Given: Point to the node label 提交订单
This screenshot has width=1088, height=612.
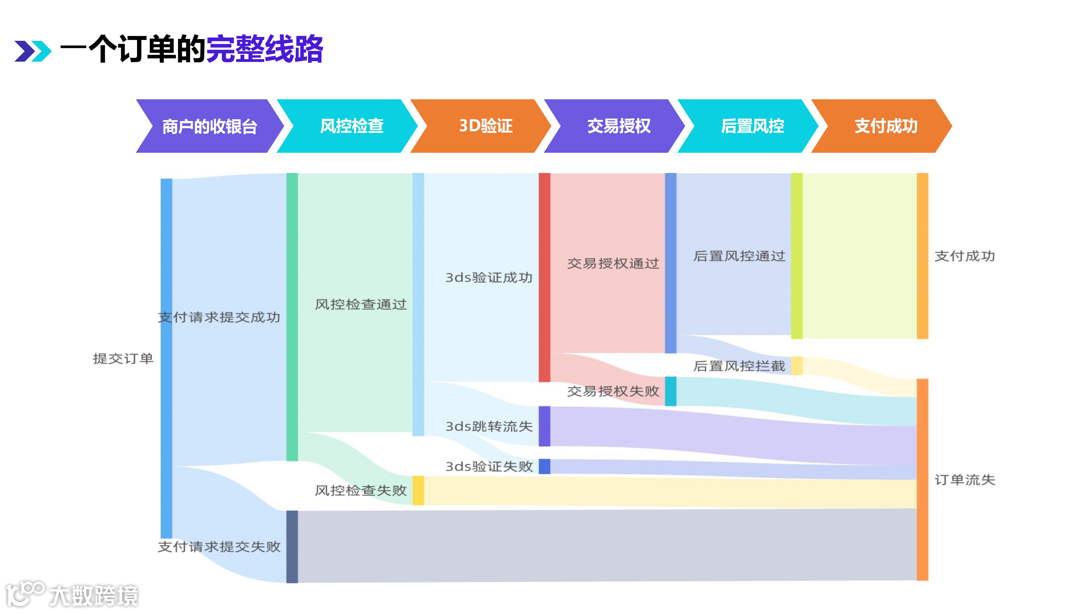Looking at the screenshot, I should pos(123,359).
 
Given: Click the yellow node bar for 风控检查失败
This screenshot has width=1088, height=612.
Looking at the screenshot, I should pos(418,490).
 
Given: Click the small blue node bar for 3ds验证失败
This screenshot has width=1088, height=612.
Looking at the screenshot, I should pos(544,466).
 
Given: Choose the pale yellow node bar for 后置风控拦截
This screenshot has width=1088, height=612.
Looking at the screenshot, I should pos(797,366).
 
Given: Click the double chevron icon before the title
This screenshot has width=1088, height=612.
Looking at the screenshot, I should pos(32,51).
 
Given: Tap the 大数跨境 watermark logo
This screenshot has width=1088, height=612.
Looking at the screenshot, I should pos(72,595).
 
